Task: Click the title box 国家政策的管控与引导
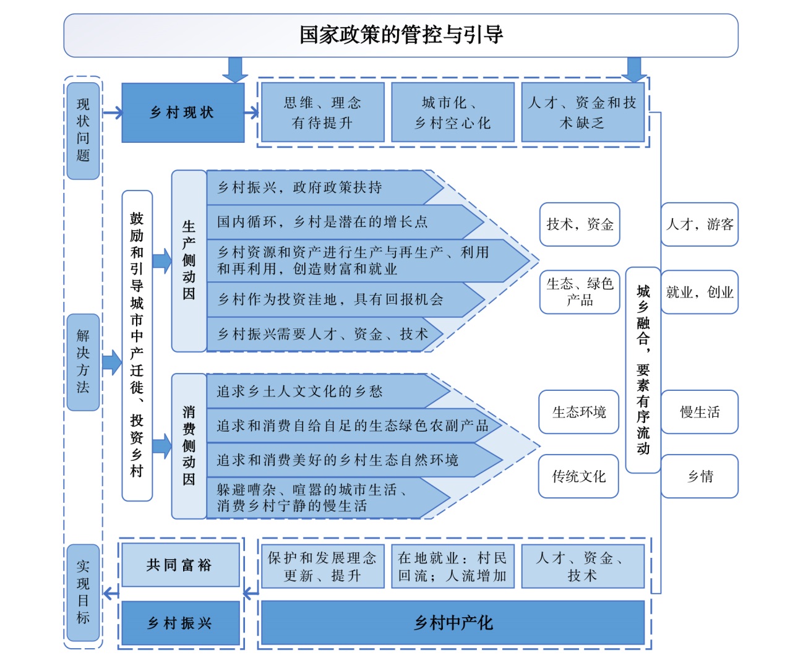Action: coord(401,35)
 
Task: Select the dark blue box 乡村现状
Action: coord(182,113)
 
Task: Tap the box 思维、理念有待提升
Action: coord(322,113)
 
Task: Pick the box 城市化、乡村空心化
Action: coord(453,113)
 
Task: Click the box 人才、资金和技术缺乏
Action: coord(583,113)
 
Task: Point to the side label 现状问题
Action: coord(83,130)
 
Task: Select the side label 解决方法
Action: coord(83,362)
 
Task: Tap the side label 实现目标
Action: coord(83,592)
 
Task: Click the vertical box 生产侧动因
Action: coord(189,261)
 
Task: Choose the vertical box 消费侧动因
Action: coord(189,446)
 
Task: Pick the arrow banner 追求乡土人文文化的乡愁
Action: coord(328,391)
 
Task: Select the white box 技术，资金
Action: coord(580,225)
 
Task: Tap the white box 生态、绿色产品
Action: coord(580,292)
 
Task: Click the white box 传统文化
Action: coord(578,476)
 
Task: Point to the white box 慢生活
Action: coord(699,412)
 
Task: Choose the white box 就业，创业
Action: coord(699,292)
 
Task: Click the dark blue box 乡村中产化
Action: coord(453,623)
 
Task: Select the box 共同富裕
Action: coord(181,565)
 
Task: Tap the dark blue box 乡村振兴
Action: coord(181,623)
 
